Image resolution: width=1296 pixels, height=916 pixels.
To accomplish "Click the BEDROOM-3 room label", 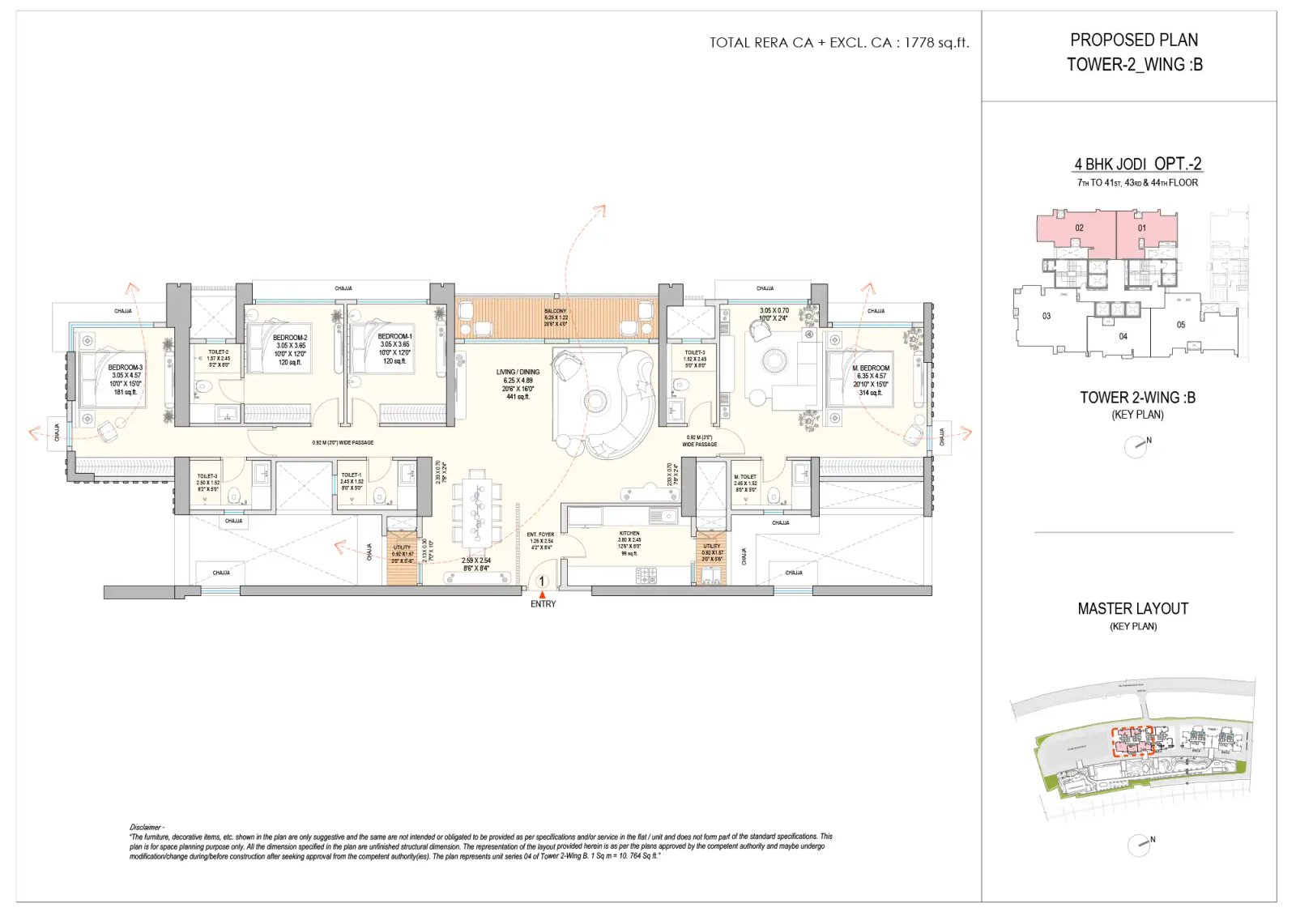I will [126, 368].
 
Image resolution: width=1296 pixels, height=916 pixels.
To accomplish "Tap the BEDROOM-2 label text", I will [290, 338].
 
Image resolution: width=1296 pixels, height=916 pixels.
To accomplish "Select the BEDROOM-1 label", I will [395, 336].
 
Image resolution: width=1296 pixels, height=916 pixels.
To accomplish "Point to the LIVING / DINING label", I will [518, 373].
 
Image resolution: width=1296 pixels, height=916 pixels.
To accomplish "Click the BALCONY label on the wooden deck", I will [556, 311].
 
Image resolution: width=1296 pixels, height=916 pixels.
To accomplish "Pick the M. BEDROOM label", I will [871, 369].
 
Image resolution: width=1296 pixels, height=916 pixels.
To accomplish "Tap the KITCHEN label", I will [629, 534].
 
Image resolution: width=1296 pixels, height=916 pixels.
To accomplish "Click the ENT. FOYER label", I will [540, 535].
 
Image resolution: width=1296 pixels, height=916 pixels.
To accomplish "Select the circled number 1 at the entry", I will [542, 582].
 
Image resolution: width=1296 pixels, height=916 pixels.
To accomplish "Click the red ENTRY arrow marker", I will [543, 595].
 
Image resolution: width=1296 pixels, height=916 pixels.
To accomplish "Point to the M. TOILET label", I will [745, 477].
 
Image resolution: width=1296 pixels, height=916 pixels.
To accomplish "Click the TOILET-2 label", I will [218, 352].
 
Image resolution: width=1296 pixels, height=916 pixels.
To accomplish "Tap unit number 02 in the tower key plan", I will [1079, 228].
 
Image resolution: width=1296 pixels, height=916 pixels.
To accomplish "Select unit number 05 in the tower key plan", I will [1180, 325].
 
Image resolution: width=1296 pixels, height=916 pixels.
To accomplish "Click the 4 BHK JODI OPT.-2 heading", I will [1137, 164].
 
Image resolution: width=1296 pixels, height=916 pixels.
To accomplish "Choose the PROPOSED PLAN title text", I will [1133, 40].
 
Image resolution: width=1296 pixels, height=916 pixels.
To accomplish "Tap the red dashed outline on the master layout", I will [1132, 741].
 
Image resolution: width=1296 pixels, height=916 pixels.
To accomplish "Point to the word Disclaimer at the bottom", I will [146, 827].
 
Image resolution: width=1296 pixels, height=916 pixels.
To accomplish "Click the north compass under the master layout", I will [1139, 845].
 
